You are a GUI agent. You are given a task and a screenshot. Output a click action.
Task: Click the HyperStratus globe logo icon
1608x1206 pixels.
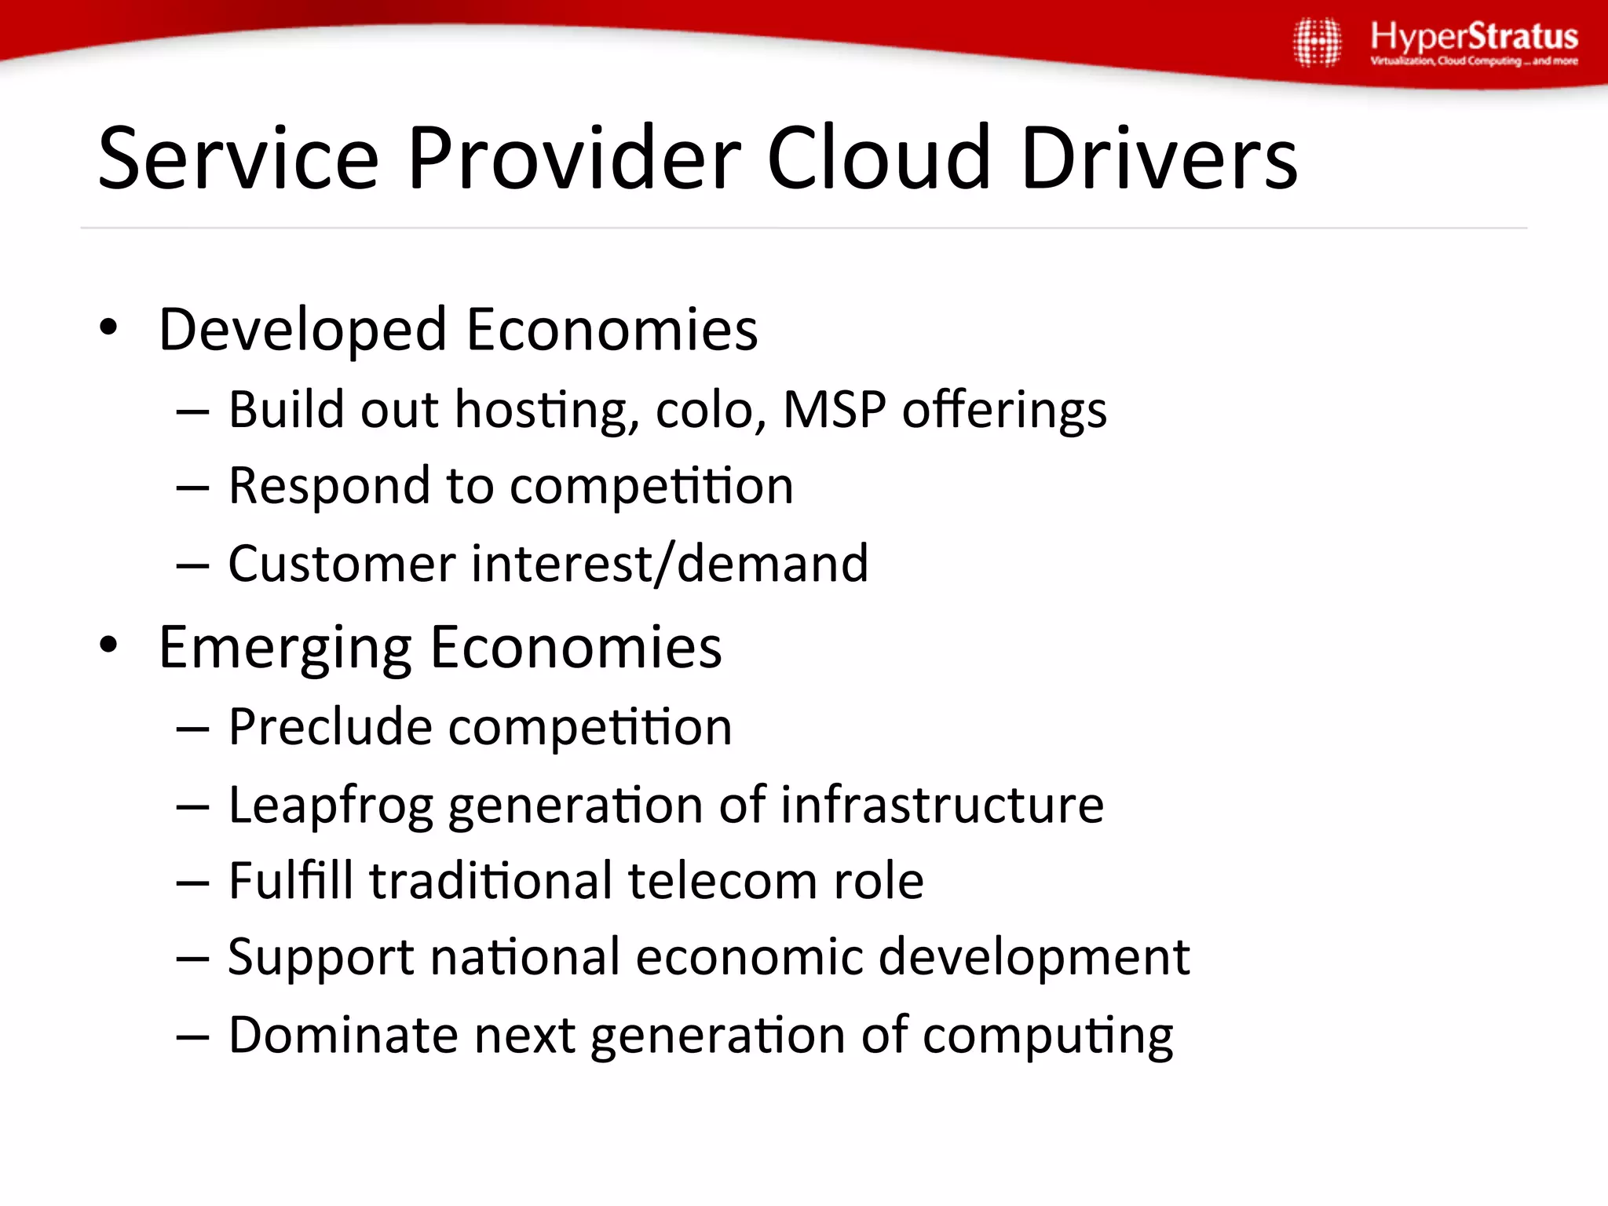(1317, 42)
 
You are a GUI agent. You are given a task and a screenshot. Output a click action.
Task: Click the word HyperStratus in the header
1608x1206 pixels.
(1474, 36)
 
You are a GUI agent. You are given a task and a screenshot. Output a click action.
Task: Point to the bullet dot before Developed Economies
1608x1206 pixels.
(108, 327)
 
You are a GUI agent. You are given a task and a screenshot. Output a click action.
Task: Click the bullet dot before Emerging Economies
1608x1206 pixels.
(108, 645)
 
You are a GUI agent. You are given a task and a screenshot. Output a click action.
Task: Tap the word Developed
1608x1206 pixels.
(302, 330)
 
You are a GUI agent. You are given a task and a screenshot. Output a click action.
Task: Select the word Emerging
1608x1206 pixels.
(284, 649)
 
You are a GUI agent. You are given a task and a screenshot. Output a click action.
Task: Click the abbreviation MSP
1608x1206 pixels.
(834, 409)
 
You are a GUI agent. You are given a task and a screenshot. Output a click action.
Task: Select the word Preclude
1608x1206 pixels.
(329, 726)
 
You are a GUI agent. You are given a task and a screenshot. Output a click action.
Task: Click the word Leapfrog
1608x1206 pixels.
(330, 806)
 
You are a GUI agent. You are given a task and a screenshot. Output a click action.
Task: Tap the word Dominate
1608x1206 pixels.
(343, 1034)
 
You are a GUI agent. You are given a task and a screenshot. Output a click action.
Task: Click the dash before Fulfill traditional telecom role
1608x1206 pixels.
(192, 883)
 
